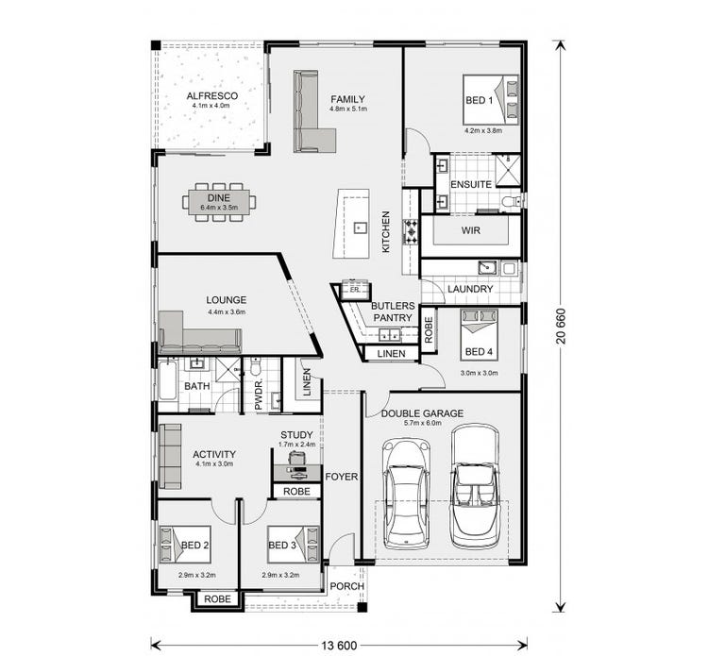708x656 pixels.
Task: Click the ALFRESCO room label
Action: (x=211, y=96)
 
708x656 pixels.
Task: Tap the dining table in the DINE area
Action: (x=219, y=202)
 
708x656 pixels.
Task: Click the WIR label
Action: (x=472, y=230)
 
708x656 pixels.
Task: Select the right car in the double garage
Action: (x=473, y=484)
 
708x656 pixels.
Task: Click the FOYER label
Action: (x=342, y=477)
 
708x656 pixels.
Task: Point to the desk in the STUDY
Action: (x=296, y=466)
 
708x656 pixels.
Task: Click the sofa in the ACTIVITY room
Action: (x=170, y=456)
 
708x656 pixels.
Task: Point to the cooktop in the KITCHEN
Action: (x=411, y=231)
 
